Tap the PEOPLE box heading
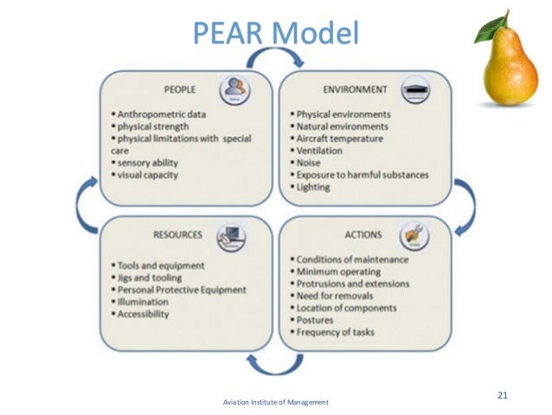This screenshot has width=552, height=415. [179, 89]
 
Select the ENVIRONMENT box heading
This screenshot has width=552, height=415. [355, 89]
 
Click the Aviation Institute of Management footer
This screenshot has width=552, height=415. [276, 404]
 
